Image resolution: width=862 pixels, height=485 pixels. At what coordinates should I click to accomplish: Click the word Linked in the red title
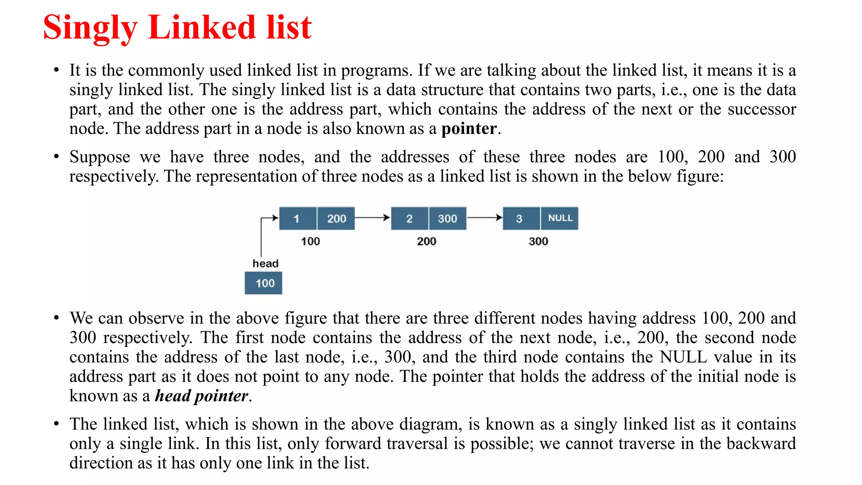pyautogui.click(x=202, y=28)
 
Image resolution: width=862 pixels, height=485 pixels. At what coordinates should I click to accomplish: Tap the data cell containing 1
pyautogui.click(x=297, y=219)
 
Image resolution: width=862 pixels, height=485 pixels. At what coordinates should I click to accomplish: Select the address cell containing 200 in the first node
pyautogui.click(x=336, y=219)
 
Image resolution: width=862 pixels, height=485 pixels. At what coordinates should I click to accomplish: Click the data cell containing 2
pyautogui.click(x=410, y=219)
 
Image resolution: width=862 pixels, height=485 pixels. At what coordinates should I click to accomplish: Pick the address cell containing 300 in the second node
pyautogui.click(x=447, y=219)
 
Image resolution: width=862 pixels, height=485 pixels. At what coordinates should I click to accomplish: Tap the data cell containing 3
pyautogui.click(x=521, y=219)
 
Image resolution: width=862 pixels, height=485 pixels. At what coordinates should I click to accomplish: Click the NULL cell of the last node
pyautogui.click(x=560, y=218)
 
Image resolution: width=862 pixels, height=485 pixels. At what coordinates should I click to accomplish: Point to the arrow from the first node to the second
pyautogui.click(x=372, y=218)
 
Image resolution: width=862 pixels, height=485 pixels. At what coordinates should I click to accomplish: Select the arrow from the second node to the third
pyautogui.click(x=484, y=218)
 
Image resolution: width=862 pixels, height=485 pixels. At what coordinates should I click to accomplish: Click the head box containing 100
pyautogui.click(x=263, y=283)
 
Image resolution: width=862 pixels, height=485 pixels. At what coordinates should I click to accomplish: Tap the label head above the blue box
pyautogui.click(x=265, y=264)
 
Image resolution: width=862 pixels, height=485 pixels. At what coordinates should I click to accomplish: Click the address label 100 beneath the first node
pyautogui.click(x=310, y=241)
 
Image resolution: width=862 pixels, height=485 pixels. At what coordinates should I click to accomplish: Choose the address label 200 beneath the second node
pyautogui.click(x=426, y=241)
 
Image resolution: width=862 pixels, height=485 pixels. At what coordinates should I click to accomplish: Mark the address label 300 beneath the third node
pyautogui.click(x=538, y=241)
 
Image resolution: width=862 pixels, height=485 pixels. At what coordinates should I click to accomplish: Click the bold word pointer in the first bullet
pyautogui.click(x=469, y=129)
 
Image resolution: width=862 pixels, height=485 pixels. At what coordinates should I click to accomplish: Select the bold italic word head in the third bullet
pyautogui.click(x=173, y=396)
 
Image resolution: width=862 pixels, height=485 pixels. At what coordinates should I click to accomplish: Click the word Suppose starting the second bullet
pyautogui.click(x=100, y=157)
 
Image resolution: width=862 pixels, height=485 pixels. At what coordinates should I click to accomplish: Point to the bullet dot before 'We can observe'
pyautogui.click(x=56, y=318)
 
